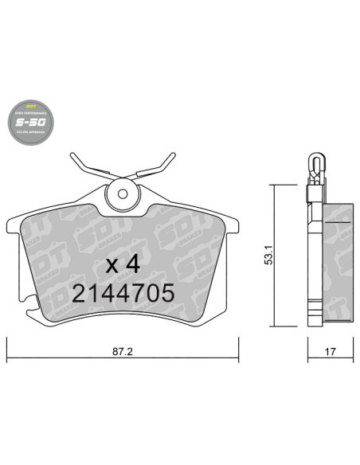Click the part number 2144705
pyautogui.click(x=123, y=294)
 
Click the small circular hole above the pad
pyautogui.click(x=123, y=191)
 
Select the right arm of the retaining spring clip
pyautogui.click(x=156, y=167)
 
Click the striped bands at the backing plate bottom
pyautogui.click(x=312, y=307)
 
